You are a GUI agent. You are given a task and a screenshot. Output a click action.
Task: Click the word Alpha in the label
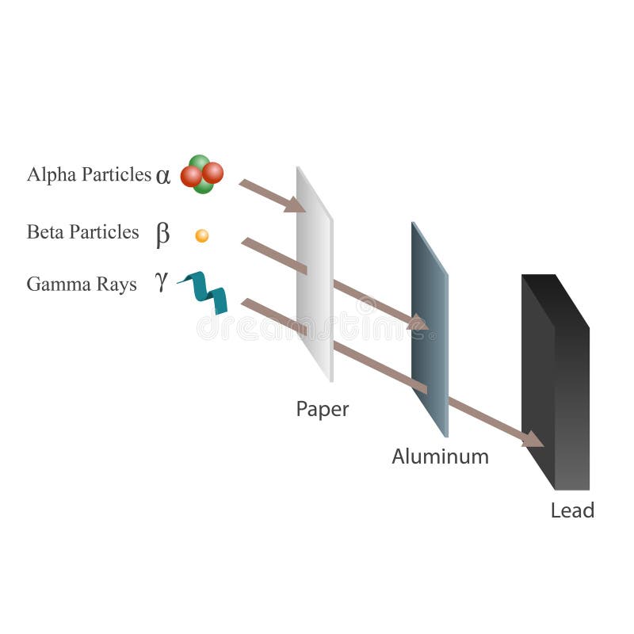(48, 174)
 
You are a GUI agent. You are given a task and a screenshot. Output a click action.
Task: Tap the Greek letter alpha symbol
(163, 176)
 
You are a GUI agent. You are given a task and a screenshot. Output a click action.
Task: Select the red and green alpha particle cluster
(201, 174)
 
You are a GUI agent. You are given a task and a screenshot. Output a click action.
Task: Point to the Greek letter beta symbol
(162, 234)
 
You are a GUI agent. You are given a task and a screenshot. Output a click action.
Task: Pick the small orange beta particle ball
(202, 235)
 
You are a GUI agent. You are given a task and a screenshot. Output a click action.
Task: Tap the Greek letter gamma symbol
(162, 282)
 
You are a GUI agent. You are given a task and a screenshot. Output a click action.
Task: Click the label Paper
(322, 410)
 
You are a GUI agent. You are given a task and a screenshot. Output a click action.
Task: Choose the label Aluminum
(440, 456)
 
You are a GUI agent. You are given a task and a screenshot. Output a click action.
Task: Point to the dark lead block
(555, 380)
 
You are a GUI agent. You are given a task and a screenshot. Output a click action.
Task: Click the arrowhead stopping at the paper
(295, 205)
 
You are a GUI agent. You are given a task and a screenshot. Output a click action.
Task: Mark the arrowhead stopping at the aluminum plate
(418, 323)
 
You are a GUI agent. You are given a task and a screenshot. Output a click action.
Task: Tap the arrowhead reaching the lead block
(533, 439)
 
